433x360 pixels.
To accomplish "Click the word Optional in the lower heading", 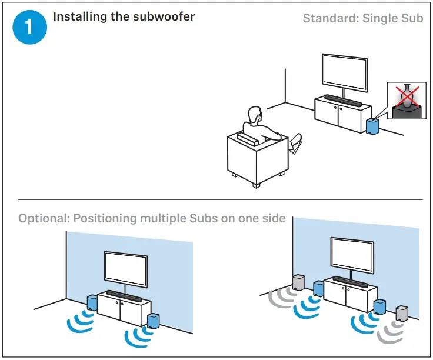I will (x=42, y=219).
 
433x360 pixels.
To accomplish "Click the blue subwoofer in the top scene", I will (x=371, y=125).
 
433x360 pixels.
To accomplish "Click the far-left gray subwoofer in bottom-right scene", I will (x=298, y=282).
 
